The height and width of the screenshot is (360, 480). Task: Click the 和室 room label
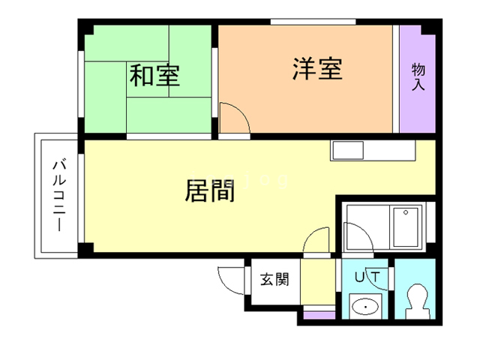(x=154, y=75)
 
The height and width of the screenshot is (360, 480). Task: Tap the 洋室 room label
(x=317, y=68)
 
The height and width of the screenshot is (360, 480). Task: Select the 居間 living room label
(x=210, y=190)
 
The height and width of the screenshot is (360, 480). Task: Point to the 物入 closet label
(x=418, y=76)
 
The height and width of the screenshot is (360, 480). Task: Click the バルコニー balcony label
(x=59, y=195)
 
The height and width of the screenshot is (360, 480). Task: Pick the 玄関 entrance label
(x=274, y=279)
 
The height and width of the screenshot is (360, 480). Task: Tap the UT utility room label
(x=367, y=277)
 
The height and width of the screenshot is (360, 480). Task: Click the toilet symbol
(x=417, y=301)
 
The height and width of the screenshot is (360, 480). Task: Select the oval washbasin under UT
(x=365, y=307)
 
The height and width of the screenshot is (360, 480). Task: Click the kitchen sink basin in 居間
(x=348, y=150)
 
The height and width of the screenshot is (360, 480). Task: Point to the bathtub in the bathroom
(x=406, y=227)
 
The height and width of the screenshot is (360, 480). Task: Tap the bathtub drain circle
(x=406, y=212)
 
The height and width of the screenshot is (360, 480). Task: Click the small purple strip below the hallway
(x=319, y=315)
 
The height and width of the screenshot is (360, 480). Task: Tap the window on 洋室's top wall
(x=313, y=22)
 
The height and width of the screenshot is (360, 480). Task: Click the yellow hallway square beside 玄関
(x=318, y=282)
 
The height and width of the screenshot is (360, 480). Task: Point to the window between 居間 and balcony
(x=81, y=198)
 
